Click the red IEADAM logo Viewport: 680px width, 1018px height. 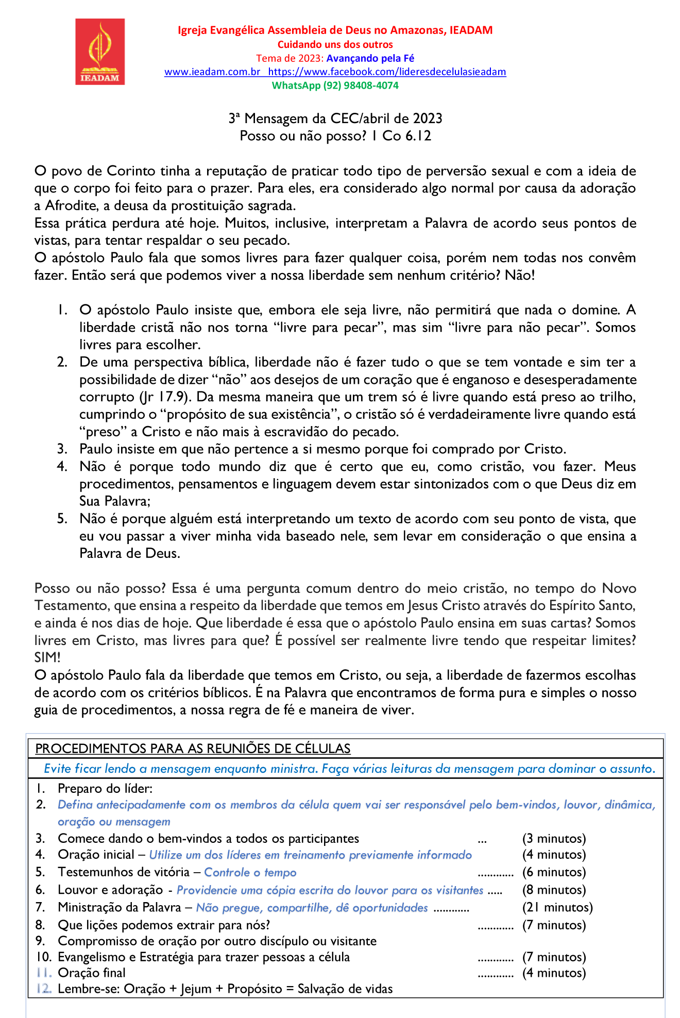100,52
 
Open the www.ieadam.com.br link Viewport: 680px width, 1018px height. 212,72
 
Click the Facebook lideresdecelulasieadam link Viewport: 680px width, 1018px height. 387,72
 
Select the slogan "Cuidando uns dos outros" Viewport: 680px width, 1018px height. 335,45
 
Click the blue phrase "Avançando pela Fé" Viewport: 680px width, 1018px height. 370,58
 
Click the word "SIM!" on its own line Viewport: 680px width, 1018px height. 47,658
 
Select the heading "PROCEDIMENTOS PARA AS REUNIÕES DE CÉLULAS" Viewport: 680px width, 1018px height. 193,749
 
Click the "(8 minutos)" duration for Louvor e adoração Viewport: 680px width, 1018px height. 554,890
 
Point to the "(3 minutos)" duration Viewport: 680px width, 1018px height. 554,839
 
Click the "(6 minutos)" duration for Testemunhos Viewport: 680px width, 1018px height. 554,872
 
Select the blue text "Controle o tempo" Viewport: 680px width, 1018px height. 250,872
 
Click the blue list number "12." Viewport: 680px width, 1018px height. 44,989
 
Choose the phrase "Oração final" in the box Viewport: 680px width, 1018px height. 92,973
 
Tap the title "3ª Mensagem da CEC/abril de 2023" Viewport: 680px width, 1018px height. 335,119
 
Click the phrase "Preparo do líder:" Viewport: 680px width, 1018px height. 105,789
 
